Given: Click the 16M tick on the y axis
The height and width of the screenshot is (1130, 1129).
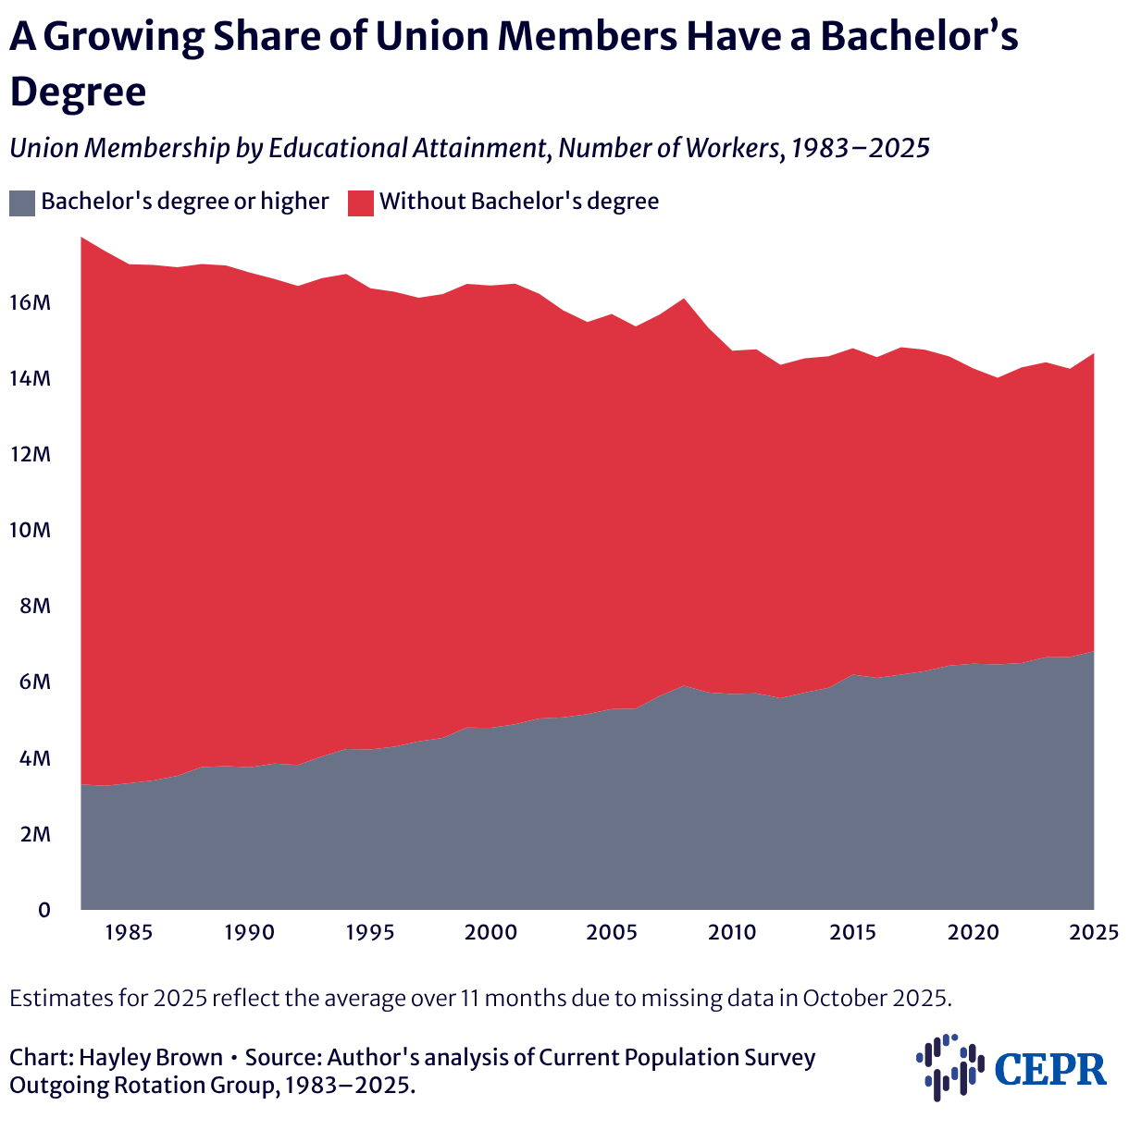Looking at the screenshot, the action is [x=31, y=302].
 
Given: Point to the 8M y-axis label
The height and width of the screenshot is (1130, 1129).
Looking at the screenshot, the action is [x=36, y=606].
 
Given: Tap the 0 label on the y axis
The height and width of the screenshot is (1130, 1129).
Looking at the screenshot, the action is [x=44, y=910].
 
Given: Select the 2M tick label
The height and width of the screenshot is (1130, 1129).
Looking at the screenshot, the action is [x=36, y=834].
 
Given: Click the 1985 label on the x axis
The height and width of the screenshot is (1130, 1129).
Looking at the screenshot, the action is [x=129, y=932].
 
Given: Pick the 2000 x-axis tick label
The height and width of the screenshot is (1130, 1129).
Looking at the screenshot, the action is [x=490, y=932].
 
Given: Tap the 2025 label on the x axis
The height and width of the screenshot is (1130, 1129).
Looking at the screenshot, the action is [x=1094, y=932].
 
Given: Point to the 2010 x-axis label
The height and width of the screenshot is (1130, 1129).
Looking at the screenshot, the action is [x=732, y=932].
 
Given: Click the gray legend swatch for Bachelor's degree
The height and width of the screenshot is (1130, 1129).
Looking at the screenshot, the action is [x=22, y=203].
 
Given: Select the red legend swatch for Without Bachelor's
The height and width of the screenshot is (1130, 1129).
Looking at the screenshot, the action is [x=361, y=203].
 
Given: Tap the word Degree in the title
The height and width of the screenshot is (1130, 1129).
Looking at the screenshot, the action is [x=78, y=92].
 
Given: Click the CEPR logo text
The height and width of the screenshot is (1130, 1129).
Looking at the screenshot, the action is [x=1051, y=1070].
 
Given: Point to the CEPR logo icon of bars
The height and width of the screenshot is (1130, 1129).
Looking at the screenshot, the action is [x=950, y=1067].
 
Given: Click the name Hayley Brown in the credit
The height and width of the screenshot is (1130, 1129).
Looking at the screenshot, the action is [x=151, y=1057].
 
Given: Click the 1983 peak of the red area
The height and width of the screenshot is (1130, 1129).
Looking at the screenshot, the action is [x=81, y=238].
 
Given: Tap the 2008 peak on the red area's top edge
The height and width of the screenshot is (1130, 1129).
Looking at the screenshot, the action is [x=683, y=299].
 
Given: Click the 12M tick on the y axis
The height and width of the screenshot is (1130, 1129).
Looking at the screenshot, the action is [x=31, y=454].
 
